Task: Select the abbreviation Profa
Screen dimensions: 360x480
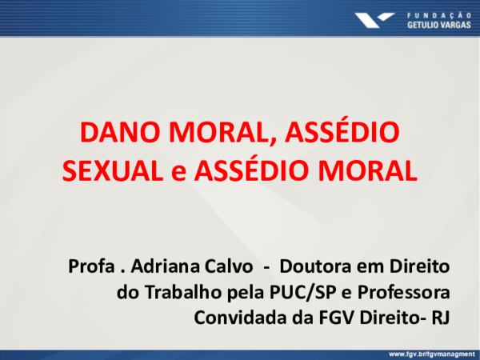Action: (x=89, y=265)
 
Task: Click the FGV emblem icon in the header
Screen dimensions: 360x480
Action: (x=374, y=18)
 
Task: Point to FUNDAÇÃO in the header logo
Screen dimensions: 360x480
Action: (x=439, y=13)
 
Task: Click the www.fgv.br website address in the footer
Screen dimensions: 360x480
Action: (x=430, y=353)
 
